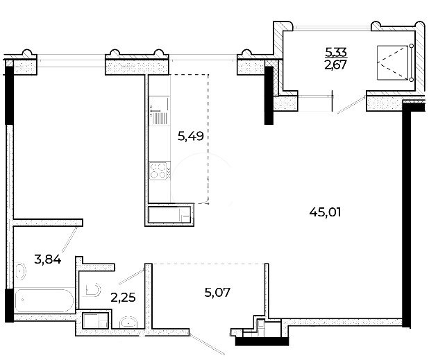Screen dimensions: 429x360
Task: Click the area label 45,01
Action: (x=325, y=212)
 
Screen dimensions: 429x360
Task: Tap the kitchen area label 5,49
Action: (x=191, y=136)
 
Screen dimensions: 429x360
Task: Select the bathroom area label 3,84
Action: (x=48, y=259)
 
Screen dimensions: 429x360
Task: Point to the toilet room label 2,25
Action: (x=123, y=298)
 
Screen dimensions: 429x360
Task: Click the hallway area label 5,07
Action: (x=217, y=293)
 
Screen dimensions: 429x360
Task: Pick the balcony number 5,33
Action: (x=336, y=51)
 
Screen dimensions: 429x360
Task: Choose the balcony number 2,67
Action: (x=336, y=65)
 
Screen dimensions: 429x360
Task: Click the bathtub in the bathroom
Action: (x=44, y=300)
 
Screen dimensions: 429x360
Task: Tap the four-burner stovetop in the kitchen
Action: (x=158, y=171)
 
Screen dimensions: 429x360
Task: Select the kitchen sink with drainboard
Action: (x=159, y=110)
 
